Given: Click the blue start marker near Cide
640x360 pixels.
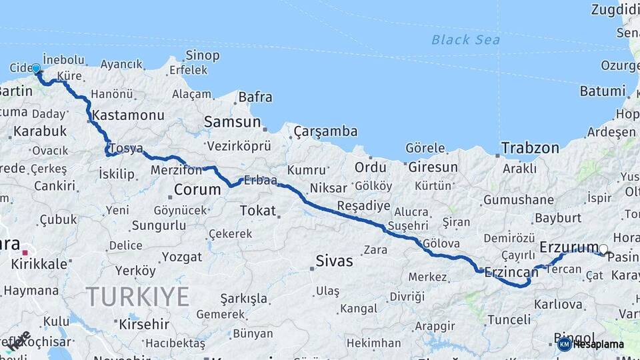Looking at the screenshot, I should pos(36,68).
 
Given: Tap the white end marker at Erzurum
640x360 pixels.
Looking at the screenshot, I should pos(603,250).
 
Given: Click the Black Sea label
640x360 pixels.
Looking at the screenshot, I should pos(465,40).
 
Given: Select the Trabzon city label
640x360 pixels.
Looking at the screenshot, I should pos(530,148).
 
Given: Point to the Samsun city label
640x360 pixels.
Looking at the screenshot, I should pos(232,122).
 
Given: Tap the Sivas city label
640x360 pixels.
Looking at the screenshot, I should pos(334,261).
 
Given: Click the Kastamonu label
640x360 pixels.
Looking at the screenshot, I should pos(128,115).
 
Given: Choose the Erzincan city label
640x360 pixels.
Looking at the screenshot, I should pos(511,271).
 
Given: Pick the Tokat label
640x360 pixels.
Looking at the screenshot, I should pos(257,211).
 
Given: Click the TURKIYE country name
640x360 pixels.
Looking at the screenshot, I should pos(137,297).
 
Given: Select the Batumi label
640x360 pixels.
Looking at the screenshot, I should pos(603,91).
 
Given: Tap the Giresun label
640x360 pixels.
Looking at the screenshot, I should pos(433,167).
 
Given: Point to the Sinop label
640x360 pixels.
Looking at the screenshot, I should pos(203,55).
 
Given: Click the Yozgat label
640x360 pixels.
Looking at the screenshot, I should pos(181,257).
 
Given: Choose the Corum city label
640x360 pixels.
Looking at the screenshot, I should pos(197,189).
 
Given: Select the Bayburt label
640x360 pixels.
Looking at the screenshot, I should pos(559,218).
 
